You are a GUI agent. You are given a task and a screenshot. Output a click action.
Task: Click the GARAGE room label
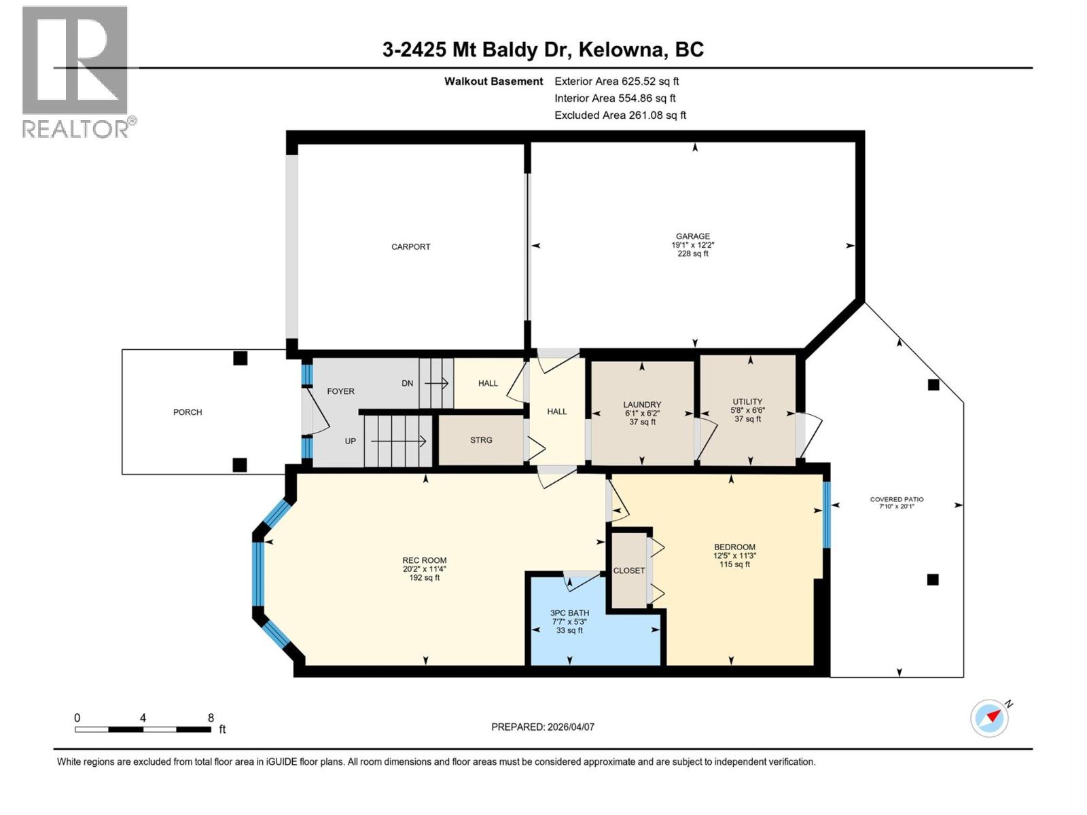click(x=692, y=236)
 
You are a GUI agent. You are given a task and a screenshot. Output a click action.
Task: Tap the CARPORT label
click(x=410, y=247)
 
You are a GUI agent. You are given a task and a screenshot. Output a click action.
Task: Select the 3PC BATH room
click(x=569, y=613)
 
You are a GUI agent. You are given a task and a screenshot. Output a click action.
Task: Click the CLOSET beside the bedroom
click(x=629, y=570)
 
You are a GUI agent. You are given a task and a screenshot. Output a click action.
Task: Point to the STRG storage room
click(x=481, y=440)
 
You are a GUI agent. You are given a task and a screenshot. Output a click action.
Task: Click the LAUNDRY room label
click(x=642, y=405)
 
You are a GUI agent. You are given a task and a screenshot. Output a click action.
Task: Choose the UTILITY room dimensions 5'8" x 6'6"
click(x=747, y=410)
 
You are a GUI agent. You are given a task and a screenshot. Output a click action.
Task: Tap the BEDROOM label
click(x=734, y=547)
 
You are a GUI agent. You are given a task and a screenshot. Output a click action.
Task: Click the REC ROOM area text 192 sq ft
click(x=424, y=578)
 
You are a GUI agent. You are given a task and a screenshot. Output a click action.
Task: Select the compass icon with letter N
click(x=990, y=717)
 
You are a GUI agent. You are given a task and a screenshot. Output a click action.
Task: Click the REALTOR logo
click(x=75, y=71)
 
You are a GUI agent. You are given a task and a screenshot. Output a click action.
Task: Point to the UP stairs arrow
click(x=398, y=441)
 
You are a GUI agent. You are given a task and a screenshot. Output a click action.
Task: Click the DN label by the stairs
click(x=407, y=383)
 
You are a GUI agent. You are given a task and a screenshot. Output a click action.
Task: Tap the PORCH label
click(x=188, y=412)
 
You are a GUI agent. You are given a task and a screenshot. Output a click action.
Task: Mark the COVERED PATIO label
click(x=897, y=499)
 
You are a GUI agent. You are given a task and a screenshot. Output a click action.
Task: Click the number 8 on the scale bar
click(x=211, y=718)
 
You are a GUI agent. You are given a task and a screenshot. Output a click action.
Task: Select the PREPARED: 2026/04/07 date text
click(x=543, y=727)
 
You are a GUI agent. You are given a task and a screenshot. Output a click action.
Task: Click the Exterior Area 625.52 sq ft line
click(x=616, y=81)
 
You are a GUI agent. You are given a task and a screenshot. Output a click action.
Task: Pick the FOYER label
click(x=340, y=391)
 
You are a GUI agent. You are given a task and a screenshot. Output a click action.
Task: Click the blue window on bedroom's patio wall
click(x=826, y=514)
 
